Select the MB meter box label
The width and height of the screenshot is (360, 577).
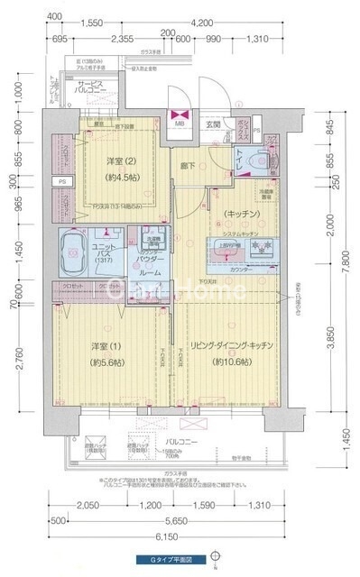[179, 124]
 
